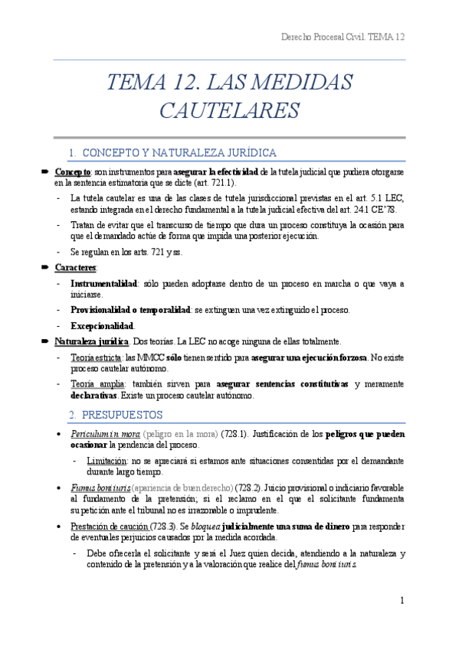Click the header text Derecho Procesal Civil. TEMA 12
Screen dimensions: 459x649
pyautogui.click(x=343, y=37)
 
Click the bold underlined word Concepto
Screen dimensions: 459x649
pyautogui.click(x=73, y=173)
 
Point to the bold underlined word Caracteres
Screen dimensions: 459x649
pyautogui.click(x=76, y=267)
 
